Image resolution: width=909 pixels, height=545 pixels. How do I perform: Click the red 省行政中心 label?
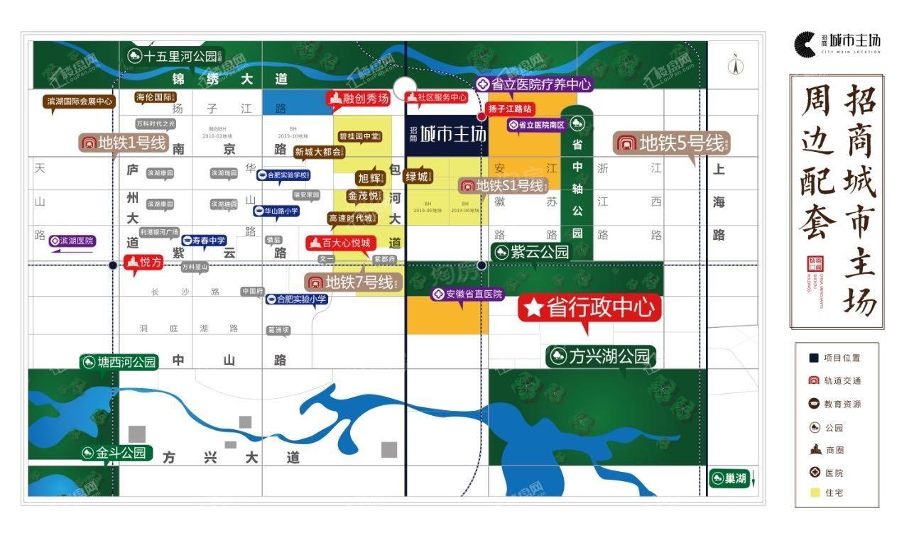589,307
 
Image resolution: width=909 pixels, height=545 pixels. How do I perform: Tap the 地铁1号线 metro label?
124,143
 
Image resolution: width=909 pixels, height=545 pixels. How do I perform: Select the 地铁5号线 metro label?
671,143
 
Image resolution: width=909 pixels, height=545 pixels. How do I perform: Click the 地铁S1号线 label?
503,186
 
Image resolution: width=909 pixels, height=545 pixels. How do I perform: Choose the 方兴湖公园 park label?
600,356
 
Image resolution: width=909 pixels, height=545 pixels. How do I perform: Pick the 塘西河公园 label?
119,362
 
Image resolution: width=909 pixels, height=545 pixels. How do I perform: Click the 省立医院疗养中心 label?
534,84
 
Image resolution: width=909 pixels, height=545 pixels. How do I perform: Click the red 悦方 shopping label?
144,262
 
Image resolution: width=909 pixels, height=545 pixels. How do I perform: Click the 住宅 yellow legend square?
813,492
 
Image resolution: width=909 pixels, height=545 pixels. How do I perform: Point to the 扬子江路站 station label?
510,109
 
